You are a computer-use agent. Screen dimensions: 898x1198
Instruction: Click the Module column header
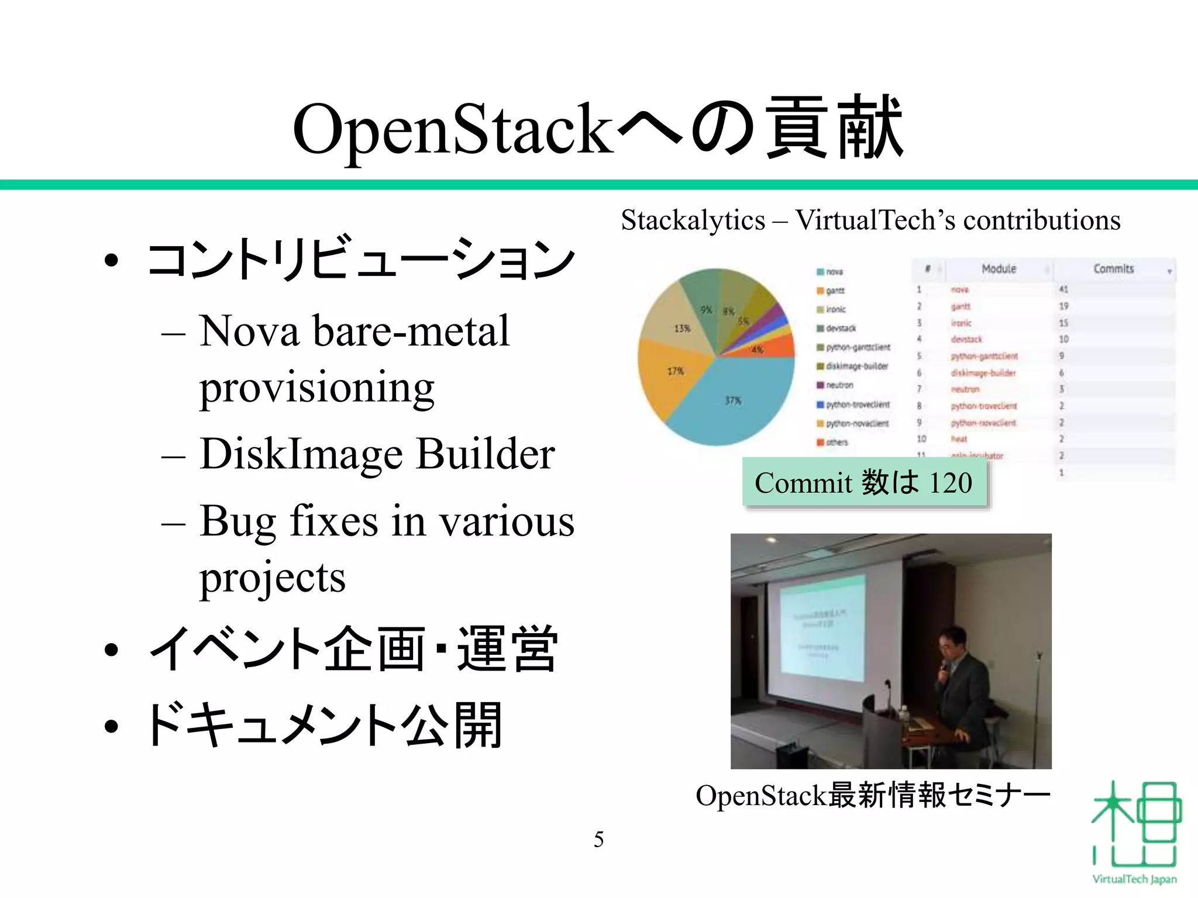(999, 269)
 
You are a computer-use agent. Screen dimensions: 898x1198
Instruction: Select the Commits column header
(1113, 269)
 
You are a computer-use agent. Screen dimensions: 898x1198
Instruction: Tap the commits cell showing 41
(1063, 289)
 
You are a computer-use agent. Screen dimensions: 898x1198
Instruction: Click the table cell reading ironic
(961, 323)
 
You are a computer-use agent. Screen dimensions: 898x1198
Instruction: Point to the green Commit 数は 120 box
(864, 483)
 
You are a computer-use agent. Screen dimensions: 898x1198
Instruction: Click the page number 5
(598, 840)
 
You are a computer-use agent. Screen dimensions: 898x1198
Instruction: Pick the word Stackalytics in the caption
(693, 221)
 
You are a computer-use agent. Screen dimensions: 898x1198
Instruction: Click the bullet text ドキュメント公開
(325, 725)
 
